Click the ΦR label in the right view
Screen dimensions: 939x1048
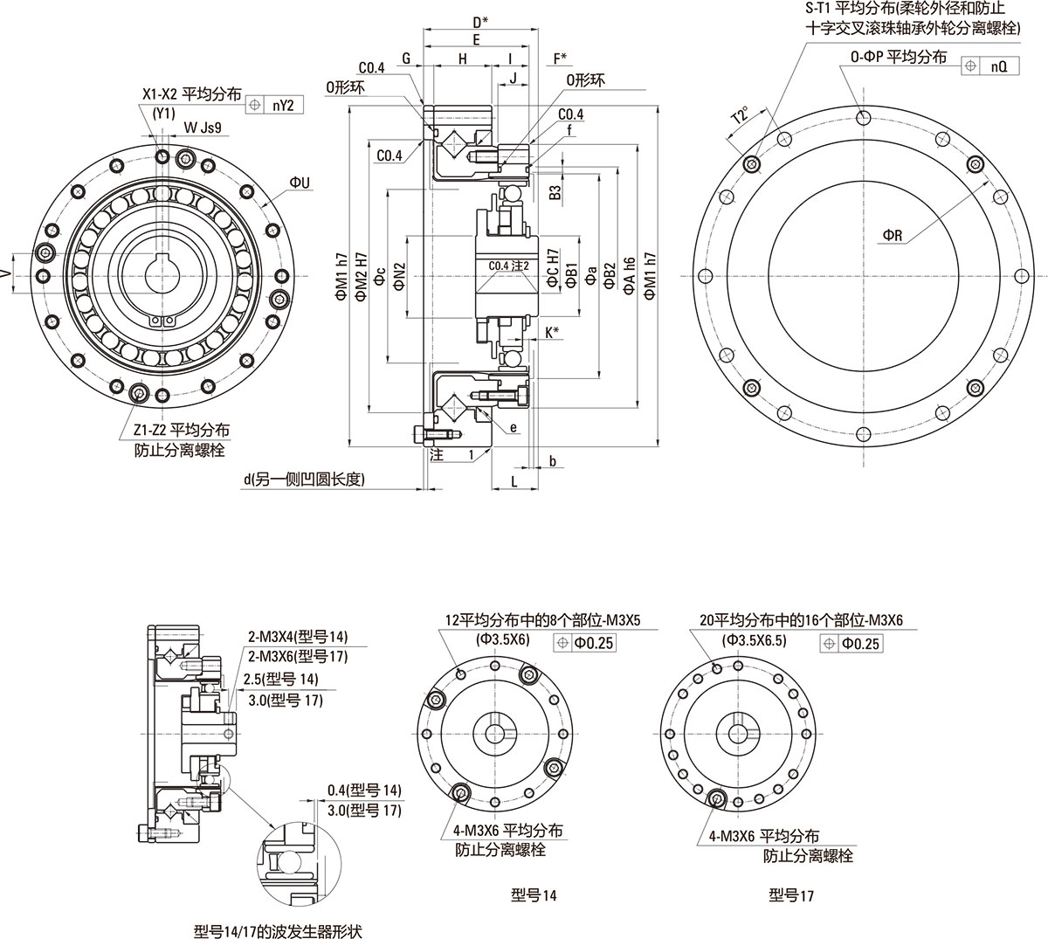tap(892, 235)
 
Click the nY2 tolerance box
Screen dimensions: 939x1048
tap(282, 105)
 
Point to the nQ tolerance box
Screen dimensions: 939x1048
tap(997, 66)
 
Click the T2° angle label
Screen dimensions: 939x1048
tap(741, 115)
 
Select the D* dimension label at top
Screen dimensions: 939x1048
tap(479, 21)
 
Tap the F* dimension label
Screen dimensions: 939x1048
tap(560, 59)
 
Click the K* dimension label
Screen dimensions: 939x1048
tap(551, 331)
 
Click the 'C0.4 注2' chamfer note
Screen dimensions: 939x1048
tap(509, 266)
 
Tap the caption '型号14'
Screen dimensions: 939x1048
tap(534, 895)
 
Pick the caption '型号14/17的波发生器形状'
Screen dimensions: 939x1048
tap(277, 930)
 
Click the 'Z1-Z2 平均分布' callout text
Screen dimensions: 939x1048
tap(182, 430)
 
